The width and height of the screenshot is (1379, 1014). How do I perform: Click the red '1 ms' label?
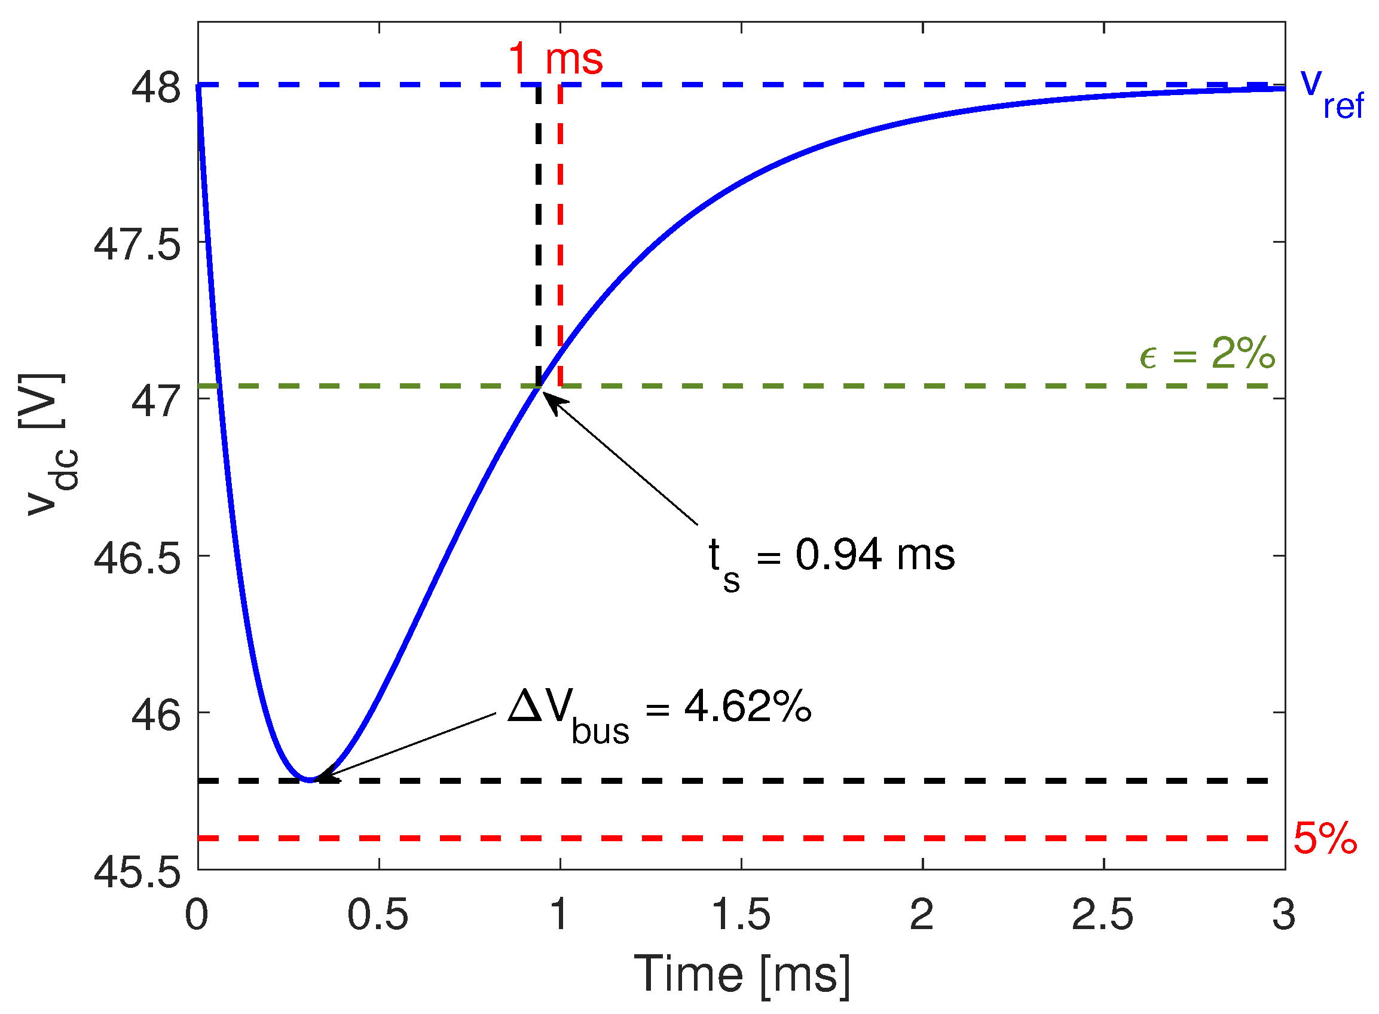555,60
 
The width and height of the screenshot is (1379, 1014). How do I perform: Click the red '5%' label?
1325,838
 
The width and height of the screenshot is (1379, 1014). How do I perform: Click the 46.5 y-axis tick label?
137,558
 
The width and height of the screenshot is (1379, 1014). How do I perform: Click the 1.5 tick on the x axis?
741,915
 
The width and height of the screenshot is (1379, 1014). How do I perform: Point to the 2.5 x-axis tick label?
1103,915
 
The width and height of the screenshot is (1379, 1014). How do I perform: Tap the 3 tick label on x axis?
1283,915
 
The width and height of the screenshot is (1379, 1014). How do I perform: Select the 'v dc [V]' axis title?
46,445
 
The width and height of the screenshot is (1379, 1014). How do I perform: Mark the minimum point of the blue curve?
311,780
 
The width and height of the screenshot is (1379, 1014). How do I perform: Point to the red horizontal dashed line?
736,838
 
